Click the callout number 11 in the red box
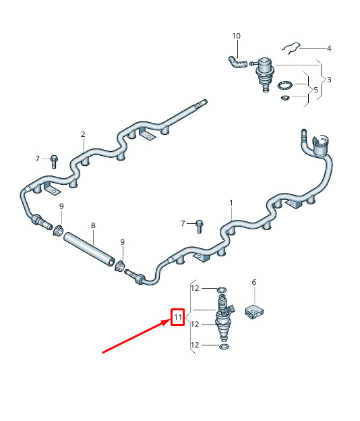coord(178,317)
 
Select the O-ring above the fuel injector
coord(222,290)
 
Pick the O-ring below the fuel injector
coord(224,346)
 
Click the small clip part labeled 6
coord(254,312)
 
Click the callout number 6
coord(253,282)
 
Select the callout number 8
coord(93,225)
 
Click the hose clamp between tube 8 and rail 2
coord(58,230)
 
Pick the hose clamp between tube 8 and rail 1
coord(119,266)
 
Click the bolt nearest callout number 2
coord(54,162)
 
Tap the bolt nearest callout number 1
coord(199,227)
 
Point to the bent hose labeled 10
coord(237,62)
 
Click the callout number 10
coord(236,36)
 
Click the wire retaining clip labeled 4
coord(291,48)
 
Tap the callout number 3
coord(329,80)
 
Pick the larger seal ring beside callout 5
coord(284,86)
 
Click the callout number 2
coord(83,134)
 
